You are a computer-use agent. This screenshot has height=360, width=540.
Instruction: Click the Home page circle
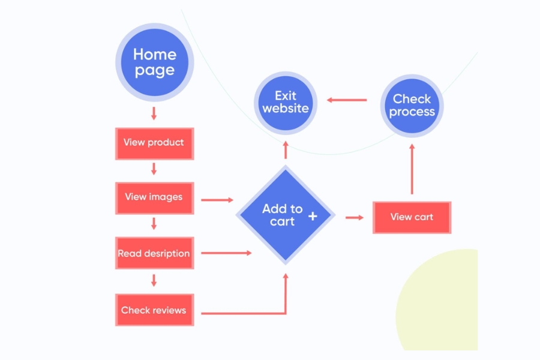click(154, 62)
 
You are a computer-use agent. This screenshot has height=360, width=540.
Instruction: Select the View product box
click(154, 143)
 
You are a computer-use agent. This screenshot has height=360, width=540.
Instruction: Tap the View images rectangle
click(154, 197)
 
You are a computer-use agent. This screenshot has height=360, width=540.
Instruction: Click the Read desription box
click(154, 253)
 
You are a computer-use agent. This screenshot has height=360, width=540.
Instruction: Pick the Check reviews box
click(154, 310)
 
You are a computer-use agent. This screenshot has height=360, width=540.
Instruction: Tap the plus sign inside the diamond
click(313, 215)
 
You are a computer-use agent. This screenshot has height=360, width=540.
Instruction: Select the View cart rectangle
click(412, 217)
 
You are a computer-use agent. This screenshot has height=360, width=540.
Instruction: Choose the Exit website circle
click(286, 102)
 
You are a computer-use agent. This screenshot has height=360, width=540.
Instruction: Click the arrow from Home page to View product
click(154, 113)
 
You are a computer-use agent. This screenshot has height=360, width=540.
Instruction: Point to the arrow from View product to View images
click(154, 169)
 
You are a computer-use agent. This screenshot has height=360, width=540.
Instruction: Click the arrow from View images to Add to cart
click(217, 199)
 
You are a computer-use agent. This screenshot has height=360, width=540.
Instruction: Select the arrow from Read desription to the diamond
click(226, 253)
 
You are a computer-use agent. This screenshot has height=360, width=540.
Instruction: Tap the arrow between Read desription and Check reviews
click(154, 280)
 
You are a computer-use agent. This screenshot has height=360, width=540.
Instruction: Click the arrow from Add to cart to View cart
click(355, 217)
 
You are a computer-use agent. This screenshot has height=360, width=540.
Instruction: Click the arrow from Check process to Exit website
click(347, 100)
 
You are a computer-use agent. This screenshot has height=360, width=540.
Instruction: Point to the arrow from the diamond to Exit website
click(286, 150)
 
